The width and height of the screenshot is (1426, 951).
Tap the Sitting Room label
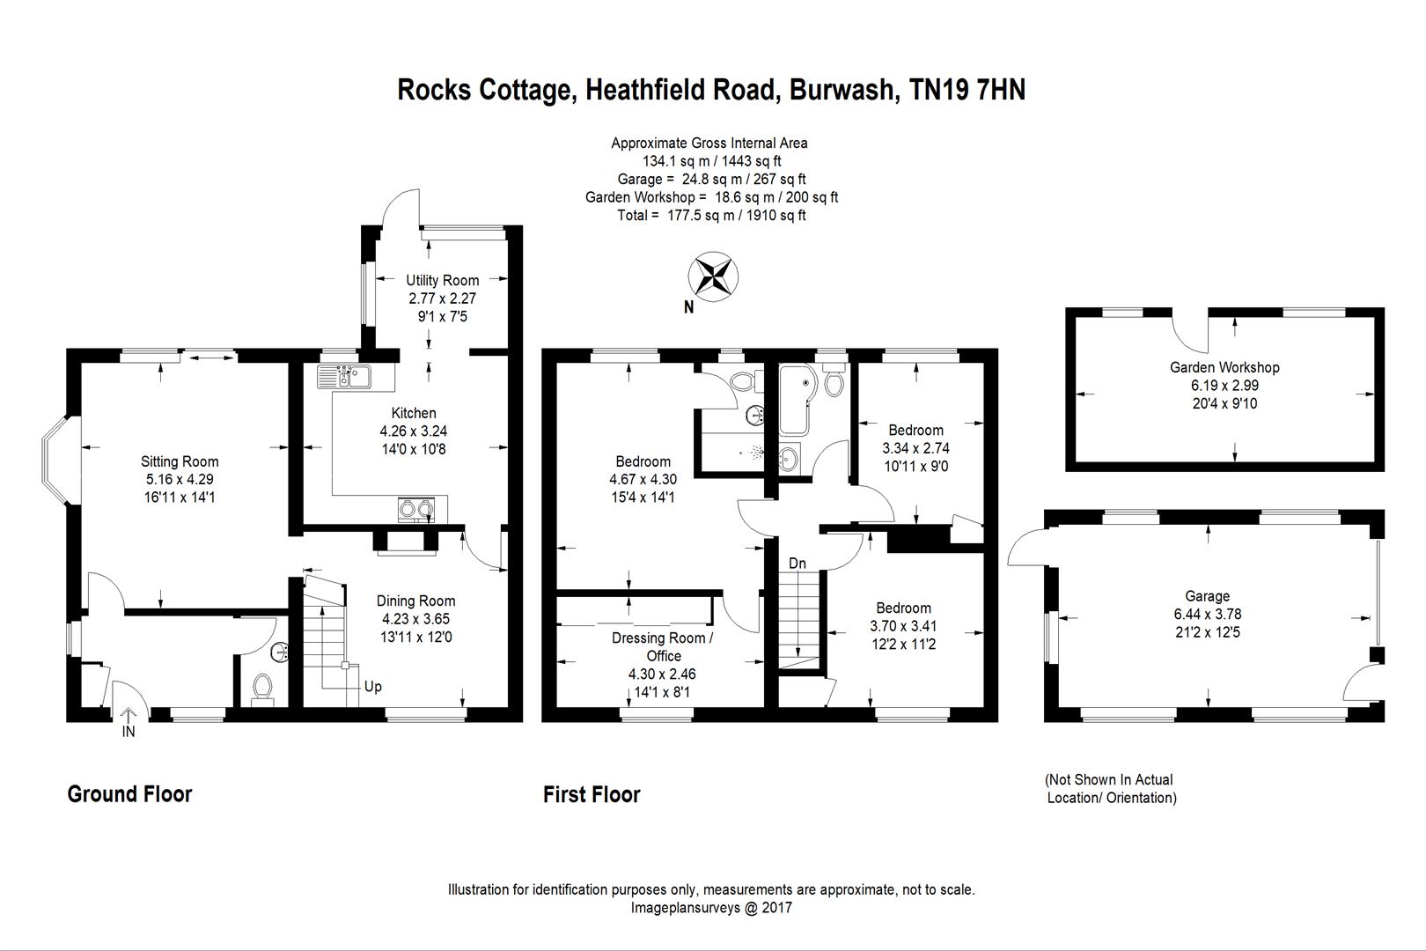point(180,461)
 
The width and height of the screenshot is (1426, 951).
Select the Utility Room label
point(442,280)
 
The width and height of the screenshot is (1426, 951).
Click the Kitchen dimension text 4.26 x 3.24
point(414,431)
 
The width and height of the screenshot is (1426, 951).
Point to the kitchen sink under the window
point(345,376)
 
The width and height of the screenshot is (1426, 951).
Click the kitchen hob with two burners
point(416,508)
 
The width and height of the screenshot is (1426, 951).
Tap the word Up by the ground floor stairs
point(373,687)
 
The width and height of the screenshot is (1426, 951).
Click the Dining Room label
point(415,601)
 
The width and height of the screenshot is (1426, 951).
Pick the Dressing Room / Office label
point(663,646)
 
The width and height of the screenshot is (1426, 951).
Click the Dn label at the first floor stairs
point(798,564)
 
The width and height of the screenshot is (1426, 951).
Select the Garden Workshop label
point(1224,367)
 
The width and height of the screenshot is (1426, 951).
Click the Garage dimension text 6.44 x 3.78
point(1207,614)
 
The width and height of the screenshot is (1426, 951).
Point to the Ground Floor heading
point(129,794)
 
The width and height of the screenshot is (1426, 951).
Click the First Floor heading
point(592,794)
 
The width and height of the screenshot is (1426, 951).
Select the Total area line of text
point(711,215)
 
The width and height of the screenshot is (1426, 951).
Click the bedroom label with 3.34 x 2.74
point(915,430)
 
